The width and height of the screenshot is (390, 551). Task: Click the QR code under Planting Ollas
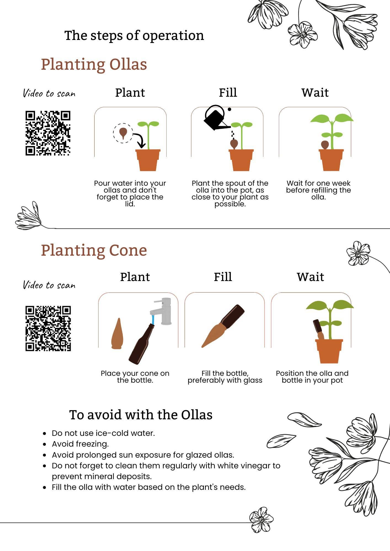click(x=48, y=133)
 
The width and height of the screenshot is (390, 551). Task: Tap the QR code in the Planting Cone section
click(x=48, y=328)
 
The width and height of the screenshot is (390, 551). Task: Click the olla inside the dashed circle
click(x=123, y=133)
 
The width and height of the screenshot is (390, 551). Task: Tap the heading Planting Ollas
click(x=94, y=64)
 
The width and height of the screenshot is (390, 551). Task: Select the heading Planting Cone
click(x=94, y=250)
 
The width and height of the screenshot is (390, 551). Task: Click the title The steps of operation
click(x=134, y=36)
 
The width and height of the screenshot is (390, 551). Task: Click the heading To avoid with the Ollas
click(x=141, y=415)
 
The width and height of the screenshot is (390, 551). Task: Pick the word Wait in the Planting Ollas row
click(x=315, y=93)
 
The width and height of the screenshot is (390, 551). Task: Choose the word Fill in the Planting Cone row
click(x=223, y=277)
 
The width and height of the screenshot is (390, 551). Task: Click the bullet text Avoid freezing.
click(x=80, y=444)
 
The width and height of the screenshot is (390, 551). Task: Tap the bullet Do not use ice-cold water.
click(x=103, y=433)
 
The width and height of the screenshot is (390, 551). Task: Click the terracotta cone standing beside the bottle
click(x=117, y=334)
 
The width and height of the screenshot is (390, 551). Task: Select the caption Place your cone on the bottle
click(x=135, y=377)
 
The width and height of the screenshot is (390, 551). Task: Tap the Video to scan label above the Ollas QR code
click(x=49, y=93)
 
